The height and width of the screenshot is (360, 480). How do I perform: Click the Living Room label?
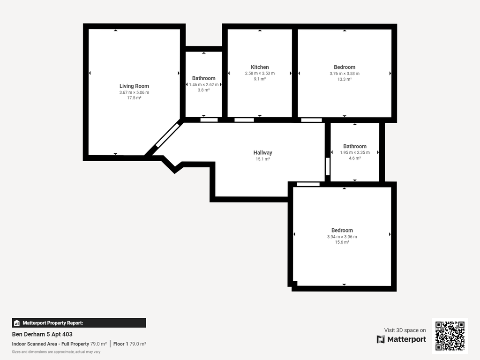tap(134, 86)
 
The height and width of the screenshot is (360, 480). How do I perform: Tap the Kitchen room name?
tap(260, 67)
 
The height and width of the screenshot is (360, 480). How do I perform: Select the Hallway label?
tap(262, 152)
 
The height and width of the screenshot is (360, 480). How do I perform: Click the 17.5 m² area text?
tap(134, 98)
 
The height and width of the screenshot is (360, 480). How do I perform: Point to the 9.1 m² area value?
tap(260, 79)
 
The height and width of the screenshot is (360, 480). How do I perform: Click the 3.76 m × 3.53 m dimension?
tap(345, 74)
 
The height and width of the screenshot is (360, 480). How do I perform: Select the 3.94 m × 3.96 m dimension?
tap(342, 237)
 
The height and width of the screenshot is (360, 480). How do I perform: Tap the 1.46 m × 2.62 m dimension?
tap(203, 84)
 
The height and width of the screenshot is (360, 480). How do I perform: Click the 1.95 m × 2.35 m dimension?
tap(355, 152)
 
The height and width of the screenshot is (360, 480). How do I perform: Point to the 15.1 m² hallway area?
tap(262, 159)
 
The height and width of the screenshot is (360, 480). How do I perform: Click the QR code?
tap(450, 336)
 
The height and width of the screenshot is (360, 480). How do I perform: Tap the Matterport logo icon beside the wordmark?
tap(381, 339)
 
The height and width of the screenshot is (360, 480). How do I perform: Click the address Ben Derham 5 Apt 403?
tap(42, 334)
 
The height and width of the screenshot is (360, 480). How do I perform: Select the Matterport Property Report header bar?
tap(79, 323)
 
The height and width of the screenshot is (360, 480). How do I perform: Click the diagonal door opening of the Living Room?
tap(167, 135)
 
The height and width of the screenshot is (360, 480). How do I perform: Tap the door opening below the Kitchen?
tap(244, 120)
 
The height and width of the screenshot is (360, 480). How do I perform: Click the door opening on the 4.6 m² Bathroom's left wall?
tap(328, 166)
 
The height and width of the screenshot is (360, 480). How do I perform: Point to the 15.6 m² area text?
tap(342, 242)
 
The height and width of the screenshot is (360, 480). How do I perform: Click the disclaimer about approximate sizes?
tap(56, 352)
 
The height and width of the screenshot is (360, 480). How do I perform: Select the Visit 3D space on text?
tap(405, 330)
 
